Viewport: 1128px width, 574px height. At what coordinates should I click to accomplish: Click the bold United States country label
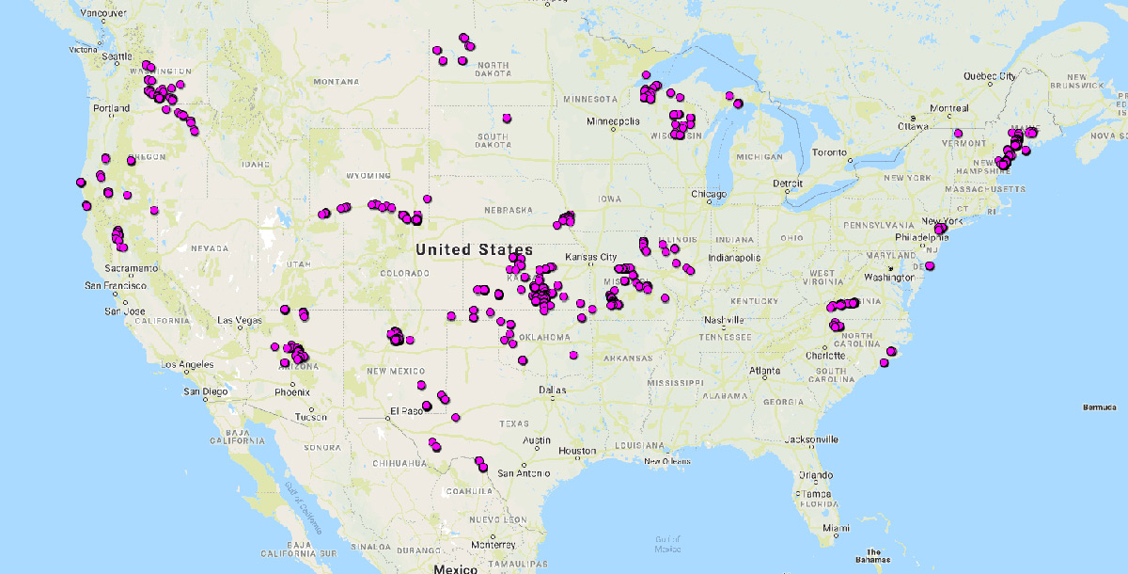pos(474,249)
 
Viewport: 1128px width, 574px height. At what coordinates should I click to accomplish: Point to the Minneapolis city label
pos(613,121)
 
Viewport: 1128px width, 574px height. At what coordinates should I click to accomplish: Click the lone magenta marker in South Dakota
pos(507,118)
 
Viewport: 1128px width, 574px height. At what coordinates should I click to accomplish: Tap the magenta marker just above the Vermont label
pos(958,133)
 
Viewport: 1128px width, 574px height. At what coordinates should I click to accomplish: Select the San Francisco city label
pos(115,285)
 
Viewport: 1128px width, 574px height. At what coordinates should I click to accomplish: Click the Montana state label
pos(310,82)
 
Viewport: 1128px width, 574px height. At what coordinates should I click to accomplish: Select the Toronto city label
pos(829,151)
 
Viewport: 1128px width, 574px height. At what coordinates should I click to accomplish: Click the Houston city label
pos(576,451)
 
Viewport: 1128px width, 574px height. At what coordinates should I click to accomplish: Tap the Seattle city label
pos(118,56)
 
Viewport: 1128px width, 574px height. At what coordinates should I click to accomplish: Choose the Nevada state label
pos(210,248)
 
